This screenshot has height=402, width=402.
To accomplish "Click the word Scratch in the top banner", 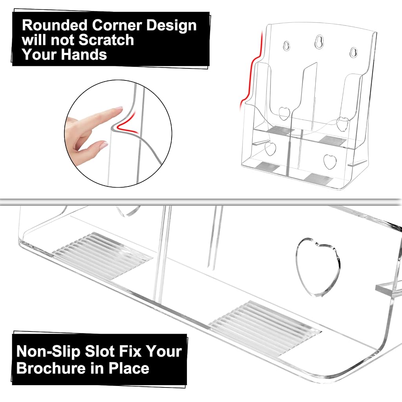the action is tap(106, 40).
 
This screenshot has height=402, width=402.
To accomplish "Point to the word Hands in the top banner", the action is tap(84, 55).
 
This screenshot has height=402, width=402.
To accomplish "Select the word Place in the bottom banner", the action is tap(129, 368).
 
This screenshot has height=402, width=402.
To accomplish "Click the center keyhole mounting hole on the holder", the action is tap(319, 42).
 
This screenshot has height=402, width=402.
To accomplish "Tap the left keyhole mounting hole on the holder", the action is tap(286, 46).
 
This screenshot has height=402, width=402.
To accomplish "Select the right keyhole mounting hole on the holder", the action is tap(354, 52).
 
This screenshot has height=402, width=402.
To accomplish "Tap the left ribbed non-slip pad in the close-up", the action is tap(102, 255).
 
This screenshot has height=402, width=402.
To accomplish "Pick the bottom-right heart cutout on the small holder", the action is tap(330, 162).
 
